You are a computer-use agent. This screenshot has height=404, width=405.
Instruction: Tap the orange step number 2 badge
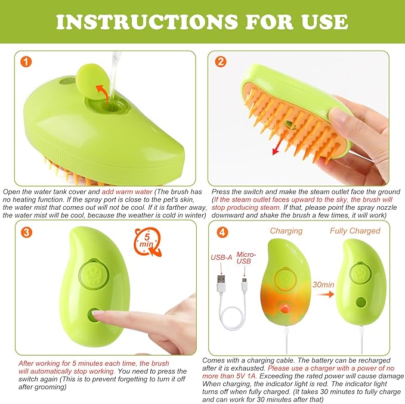(x=221, y=61)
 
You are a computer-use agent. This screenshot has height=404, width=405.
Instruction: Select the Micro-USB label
(x=244, y=257)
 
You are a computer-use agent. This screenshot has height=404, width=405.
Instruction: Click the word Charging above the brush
(x=286, y=231)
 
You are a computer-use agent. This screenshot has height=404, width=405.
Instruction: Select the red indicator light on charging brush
(x=286, y=310)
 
